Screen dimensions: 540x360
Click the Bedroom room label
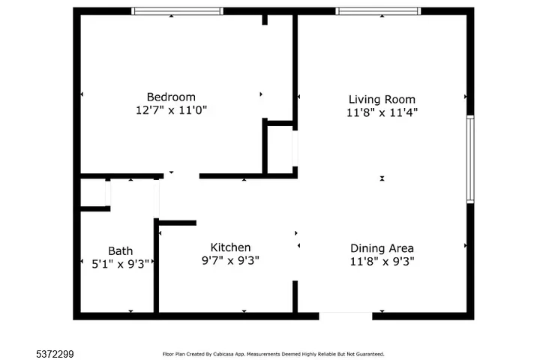[171, 97]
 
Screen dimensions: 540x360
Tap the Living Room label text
[382, 100]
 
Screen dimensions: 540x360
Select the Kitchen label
[230, 247]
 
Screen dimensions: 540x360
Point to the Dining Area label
[382, 248]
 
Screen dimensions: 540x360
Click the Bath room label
[120, 250]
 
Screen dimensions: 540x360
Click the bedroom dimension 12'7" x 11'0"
[171, 110]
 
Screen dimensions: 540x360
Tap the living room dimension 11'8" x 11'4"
[382, 112]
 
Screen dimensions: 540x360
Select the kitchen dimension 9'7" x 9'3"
[230, 260]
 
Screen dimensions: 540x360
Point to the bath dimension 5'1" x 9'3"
[120, 264]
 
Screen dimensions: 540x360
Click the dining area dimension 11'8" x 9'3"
[382, 262]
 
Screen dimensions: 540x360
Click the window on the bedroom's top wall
[177, 11]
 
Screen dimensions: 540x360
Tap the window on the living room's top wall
[378, 11]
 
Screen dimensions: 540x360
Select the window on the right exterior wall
[470, 159]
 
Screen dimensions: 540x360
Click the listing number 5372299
[55, 354]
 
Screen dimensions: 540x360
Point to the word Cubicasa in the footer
[223, 354]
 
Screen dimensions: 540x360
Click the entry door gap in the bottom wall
[346, 316]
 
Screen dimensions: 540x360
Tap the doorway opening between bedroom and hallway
[181, 176]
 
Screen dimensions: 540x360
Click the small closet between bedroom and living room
[280, 148]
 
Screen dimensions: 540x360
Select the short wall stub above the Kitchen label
[177, 223]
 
